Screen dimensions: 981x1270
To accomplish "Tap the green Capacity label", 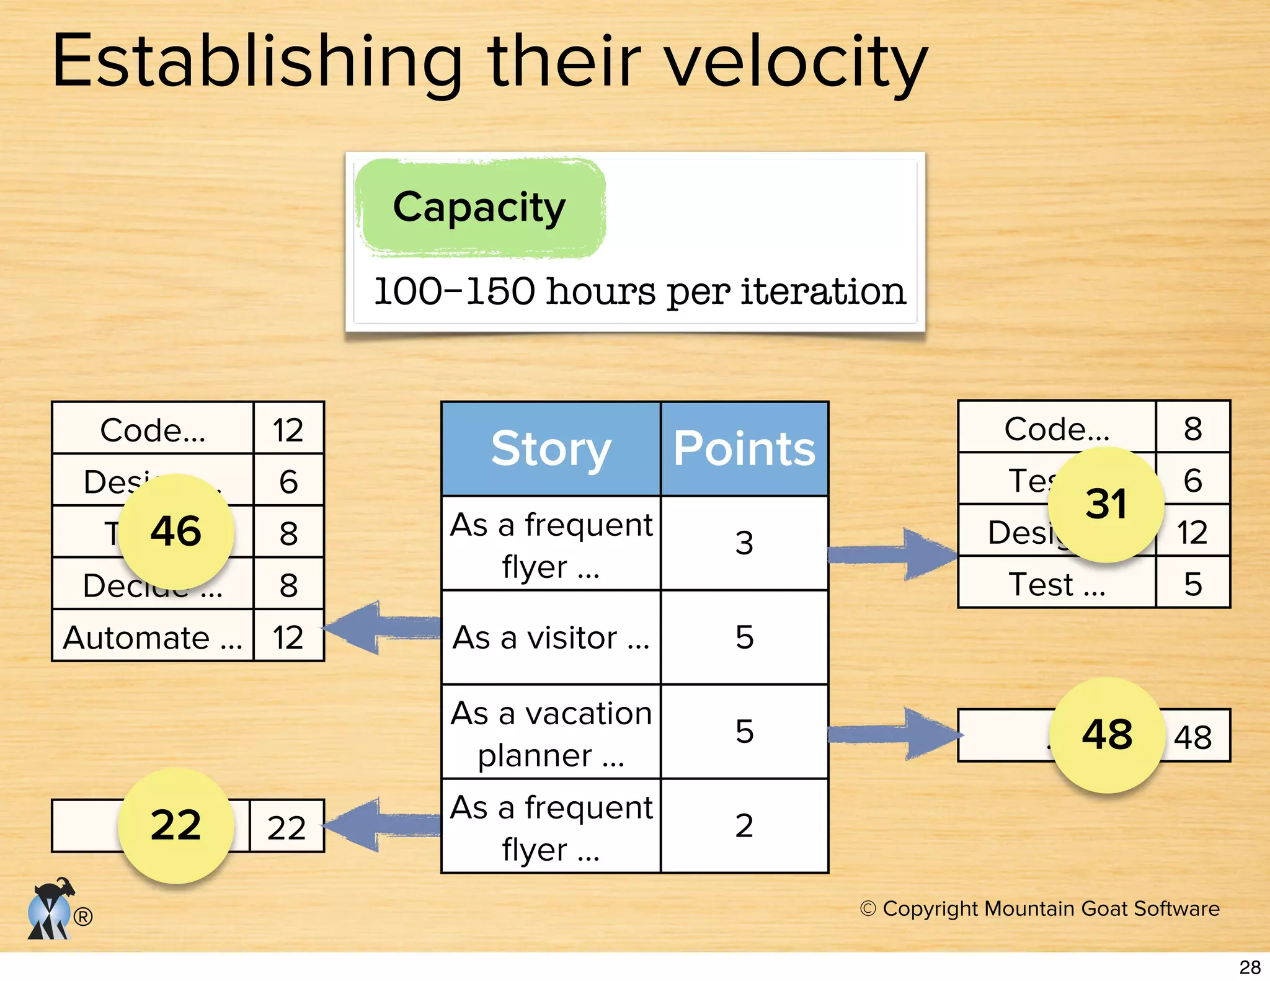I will tap(479, 208).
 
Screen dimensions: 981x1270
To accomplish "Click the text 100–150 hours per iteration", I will tap(639, 291).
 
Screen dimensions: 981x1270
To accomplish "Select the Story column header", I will tap(551, 448).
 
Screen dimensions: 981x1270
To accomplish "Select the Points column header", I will tap(744, 448).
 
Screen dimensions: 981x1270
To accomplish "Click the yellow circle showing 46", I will tap(176, 531).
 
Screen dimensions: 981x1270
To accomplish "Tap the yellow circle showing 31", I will tap(1106, 504).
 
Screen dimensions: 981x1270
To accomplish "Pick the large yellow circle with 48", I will tap(1107, 735).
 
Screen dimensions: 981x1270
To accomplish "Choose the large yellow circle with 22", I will tap(176, 825).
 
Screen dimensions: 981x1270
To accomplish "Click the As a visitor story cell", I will tap(551, 637).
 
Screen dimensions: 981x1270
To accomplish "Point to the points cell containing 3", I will tap(744, 543).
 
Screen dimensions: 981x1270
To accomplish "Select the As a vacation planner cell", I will tap(551, 732).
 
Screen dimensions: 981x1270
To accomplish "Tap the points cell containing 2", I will tap(744, 826).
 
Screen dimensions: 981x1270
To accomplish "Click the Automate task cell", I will tap(153, 637).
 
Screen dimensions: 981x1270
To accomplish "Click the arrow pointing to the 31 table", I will tap(893, 554).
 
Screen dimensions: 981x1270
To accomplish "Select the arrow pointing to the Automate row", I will tap(381, 627).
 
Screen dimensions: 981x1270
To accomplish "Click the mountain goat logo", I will tap(51, 910).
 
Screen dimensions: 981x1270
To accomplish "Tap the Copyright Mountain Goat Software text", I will tap(1040, 908).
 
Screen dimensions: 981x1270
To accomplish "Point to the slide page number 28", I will tap(1250, 967).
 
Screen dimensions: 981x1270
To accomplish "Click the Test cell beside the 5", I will tap(1057, 584).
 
